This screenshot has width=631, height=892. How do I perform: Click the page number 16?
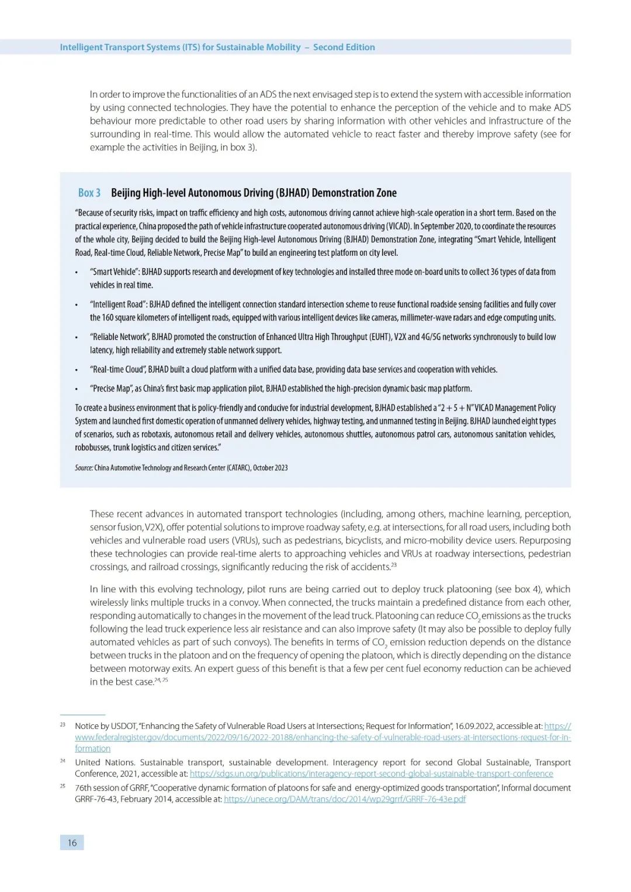click(x=72, y=842)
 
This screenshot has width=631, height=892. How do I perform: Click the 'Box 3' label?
click(x=89, y=193)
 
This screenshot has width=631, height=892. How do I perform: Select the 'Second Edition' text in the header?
click(x=344, y=47)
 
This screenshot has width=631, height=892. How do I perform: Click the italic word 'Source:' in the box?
click(x=84, y=467)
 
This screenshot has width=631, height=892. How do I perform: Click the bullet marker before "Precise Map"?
click(x=76, y=389)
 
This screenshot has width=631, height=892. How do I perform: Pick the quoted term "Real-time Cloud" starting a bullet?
click(x=117, y=369)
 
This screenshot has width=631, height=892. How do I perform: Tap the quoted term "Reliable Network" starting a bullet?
click(x=119, y=337)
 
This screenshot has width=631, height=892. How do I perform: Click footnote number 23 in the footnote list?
click(x=63, y=724)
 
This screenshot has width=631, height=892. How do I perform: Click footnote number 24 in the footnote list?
click(x=63, y=761)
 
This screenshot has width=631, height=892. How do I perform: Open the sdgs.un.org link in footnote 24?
click(x=371, y=773)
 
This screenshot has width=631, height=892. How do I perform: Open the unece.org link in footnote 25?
click(x=345, y=799)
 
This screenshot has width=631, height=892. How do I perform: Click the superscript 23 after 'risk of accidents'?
click(x=394, y=564)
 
